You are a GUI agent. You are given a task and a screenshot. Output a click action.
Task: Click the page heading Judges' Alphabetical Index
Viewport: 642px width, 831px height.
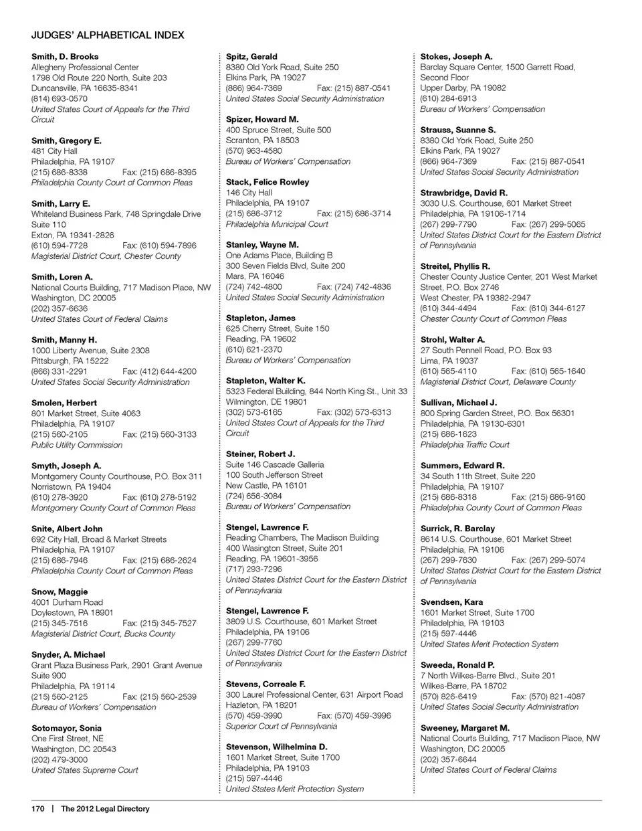coord(108,35)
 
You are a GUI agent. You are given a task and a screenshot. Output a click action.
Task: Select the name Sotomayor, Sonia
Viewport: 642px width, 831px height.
coord(66,728)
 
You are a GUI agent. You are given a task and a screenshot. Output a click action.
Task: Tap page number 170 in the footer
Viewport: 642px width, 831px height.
coord(37,809)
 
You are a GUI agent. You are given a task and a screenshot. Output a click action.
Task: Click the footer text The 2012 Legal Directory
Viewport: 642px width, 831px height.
coord(105,809)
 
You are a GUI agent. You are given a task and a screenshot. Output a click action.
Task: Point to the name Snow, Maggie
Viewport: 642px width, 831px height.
coord(60,591)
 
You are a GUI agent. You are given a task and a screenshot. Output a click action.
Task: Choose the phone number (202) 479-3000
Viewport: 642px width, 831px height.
coord(60,759)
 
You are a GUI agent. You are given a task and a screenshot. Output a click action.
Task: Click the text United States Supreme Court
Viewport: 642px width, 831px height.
coord(84,770)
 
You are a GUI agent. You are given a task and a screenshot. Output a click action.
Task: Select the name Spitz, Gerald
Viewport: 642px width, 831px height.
coord(251,57)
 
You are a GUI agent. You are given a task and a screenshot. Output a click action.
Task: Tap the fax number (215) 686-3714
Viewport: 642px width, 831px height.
coord(354,213)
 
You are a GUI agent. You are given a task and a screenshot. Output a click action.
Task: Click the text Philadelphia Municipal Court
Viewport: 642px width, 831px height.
coord(277,224)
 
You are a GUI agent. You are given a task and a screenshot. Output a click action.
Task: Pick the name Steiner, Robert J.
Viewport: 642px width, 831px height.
coord(260,454)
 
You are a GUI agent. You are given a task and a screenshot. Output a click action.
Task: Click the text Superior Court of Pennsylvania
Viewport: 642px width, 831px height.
coord(282,726)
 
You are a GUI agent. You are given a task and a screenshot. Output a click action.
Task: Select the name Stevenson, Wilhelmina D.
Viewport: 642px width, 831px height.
coord(276,747)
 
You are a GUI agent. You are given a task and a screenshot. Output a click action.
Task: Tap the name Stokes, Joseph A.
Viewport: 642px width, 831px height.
coord(456,57)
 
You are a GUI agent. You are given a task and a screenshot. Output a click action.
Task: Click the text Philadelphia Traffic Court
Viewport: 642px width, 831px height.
coord(465,444)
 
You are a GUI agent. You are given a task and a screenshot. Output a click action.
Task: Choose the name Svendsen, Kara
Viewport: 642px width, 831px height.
coord(451,602)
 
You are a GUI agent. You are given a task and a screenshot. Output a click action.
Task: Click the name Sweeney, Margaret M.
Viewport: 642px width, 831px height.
coord(465,728)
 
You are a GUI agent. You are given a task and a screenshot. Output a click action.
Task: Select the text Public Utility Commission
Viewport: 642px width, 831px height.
coord(77,445)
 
